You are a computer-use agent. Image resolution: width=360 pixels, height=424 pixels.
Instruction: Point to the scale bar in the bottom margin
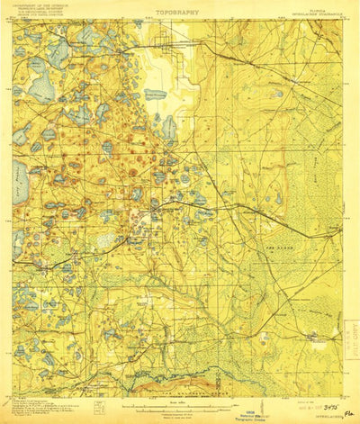tap(176, 401)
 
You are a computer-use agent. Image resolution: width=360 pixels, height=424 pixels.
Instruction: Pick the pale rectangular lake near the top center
tap(155, 95)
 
